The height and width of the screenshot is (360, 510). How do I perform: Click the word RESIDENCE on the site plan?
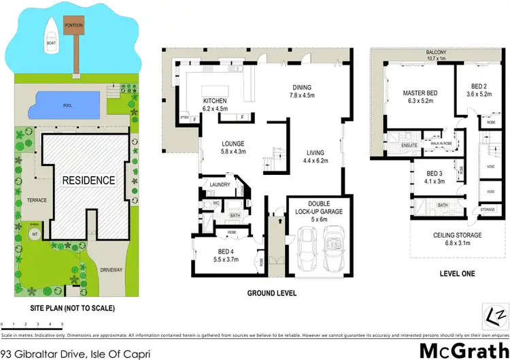(89, 180)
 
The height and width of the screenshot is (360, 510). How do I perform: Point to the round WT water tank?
(33, 234)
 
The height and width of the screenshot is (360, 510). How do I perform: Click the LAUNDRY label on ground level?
(218, 184)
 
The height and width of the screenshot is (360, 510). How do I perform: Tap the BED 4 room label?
(218, 251)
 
